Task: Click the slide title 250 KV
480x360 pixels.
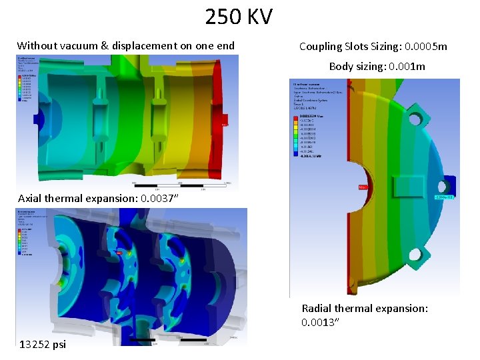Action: pyautogui.click(x=239, y=17)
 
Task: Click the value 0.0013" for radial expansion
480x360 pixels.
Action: pyautogui.click(x=321, y=323)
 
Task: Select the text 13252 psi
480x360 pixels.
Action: pyautogui.click(x=43, y=345)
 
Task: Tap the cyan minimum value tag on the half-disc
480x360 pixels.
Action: pyautogui.click(x=444, y=197)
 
